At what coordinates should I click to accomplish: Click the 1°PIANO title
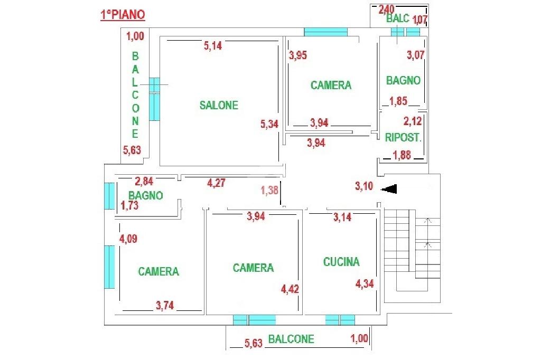(x=123, y=15)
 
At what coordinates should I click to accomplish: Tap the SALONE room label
(x=219, y=105)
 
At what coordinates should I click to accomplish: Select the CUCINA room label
(x=341, y=261)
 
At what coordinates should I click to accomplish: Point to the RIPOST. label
(x=403, y=138)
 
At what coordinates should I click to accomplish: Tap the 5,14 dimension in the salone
(x=213, y=46)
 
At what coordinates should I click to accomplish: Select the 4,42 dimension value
(x=291, y=289)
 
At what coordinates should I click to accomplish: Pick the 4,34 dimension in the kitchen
(x=365, y=283)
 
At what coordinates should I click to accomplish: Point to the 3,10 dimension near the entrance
(x=364, y=185)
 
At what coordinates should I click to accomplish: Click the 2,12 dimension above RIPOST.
(x=413, y=121)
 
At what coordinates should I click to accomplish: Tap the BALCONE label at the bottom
(x=291, y=339)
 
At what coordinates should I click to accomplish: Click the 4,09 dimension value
(x=129, y=239)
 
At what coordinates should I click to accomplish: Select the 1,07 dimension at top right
(x=419, y=21)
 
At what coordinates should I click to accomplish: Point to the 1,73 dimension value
(x=129, y=206)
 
